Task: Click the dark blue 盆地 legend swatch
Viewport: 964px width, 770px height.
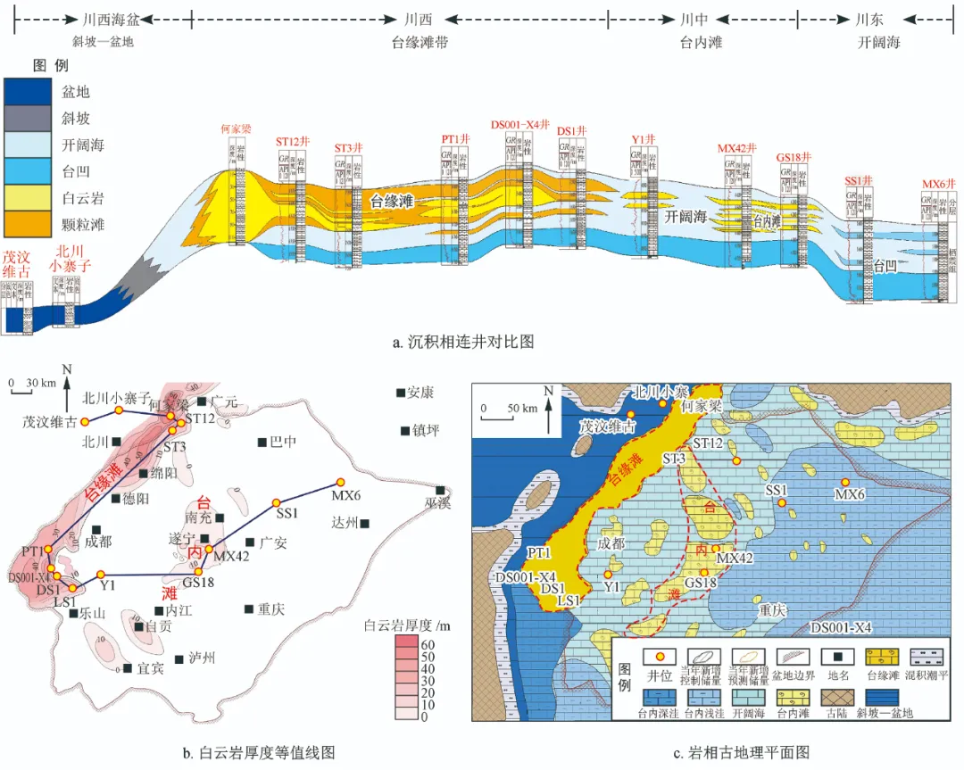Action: [31, 92]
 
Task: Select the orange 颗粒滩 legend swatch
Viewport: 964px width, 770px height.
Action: [31, 219]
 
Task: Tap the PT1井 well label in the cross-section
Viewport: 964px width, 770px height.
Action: [455, 139]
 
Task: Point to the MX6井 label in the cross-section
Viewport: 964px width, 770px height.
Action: [939, 186]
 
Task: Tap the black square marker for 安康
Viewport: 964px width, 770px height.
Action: [401, 393]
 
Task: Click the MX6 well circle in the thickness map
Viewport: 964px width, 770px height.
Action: [339, 481]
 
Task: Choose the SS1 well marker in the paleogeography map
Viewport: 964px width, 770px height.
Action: [782, 503]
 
